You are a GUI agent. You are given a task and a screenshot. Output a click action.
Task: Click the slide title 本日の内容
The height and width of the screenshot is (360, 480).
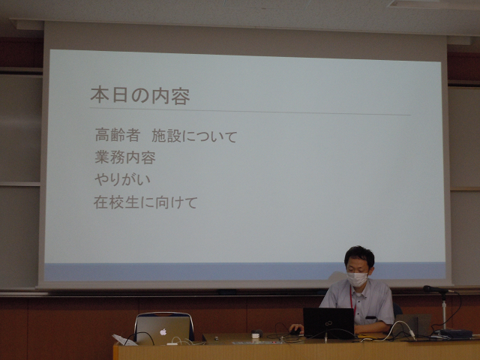(x=140, y=96)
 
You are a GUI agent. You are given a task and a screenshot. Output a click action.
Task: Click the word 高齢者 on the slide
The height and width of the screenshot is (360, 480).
(x=118, y=135)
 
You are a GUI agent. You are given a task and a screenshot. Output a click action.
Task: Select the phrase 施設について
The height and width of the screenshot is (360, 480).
(x=194, y=136)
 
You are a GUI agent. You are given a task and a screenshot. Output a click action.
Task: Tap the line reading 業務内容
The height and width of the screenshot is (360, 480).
(x=125, y=157)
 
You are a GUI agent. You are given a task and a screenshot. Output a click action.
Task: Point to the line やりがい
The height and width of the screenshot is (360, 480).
(x=122, y=179)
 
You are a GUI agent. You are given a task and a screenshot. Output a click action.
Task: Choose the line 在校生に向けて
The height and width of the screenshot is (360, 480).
(x=145, y=202)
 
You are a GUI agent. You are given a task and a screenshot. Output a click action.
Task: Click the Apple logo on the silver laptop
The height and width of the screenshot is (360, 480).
(x=163, y=331)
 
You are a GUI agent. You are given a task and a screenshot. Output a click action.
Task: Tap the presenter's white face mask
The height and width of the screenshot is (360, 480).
(x=357, y=279)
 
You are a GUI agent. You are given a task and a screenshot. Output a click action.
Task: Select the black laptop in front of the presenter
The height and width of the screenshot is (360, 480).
(x=328, y=323)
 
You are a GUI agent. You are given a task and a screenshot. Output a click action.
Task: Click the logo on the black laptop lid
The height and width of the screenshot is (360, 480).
(x=328, y=322)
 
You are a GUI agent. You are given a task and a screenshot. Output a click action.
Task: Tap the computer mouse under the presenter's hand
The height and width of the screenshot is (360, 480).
(x=295, y=331)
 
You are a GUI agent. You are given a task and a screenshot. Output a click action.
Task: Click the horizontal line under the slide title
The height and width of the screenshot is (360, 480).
(x=250, y=112)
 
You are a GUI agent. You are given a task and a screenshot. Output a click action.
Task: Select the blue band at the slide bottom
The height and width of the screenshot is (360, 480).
(x=245, y=271)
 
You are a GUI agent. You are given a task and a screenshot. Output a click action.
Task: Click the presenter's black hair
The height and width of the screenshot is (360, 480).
(x=359, y=255)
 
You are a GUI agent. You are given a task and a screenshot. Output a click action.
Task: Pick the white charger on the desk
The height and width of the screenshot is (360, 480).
(x=255, y=335)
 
